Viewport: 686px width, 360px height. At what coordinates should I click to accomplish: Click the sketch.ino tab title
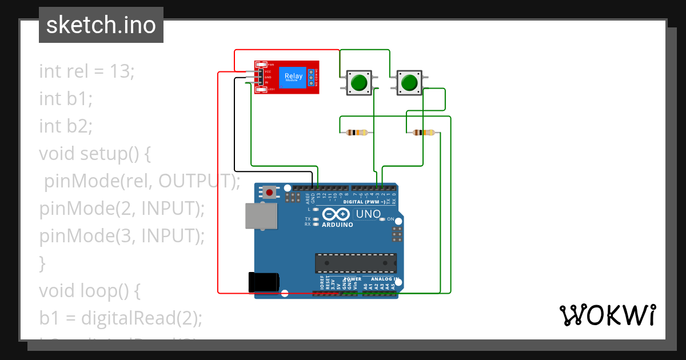pos(101,25)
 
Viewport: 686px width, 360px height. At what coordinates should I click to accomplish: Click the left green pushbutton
pos(358,83)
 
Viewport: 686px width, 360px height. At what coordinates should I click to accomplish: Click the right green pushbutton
pos(409,83)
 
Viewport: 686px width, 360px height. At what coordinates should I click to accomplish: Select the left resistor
pos(357,133)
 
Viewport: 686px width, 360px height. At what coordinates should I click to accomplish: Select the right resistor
pos(423,133)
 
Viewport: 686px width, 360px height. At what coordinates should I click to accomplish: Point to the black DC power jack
pos(264,282)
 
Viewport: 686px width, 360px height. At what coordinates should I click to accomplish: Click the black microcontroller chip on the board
pos(356,263)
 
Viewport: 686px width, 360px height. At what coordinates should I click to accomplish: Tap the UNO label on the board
pos(368,215)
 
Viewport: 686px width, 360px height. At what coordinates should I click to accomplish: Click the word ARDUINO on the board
pos(337,225)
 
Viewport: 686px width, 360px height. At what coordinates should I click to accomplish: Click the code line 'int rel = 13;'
pos(86,71)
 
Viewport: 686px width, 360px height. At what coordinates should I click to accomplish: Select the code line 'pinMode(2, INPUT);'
pos(122,209)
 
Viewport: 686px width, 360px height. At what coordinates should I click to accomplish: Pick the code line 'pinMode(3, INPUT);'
pos(122,236)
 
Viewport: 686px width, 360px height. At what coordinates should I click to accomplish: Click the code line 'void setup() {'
pos(94,154)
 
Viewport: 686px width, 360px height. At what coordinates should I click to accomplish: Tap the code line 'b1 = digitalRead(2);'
pos(121,318)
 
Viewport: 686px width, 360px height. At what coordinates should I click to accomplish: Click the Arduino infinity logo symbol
pos(336,214)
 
